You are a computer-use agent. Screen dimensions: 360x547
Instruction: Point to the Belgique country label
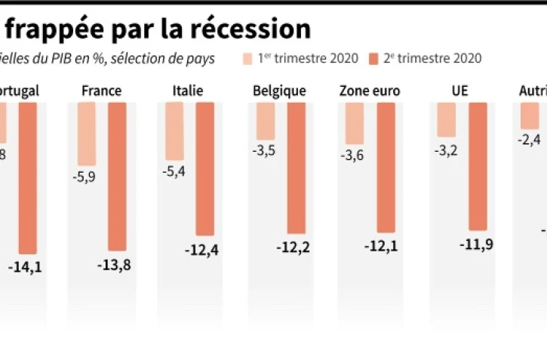[x=279, y=91]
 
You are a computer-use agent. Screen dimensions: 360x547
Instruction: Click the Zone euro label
[x=370, y=91]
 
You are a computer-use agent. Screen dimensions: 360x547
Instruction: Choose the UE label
[x=459, y=91]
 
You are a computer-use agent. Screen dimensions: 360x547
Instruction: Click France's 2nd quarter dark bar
[x=117, y=176]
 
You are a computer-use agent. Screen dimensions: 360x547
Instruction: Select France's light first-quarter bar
[x=87, y=134]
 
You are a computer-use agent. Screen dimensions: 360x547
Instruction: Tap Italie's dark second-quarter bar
[x=205, y=168]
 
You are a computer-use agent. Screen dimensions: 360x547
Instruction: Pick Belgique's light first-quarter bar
[x=266, y=121]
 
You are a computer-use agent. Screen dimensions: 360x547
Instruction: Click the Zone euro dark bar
[x=386, y=167]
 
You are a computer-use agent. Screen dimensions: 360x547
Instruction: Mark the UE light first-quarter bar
[x=446, y=119]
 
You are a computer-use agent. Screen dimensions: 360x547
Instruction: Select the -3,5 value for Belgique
[x=265, y=151]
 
